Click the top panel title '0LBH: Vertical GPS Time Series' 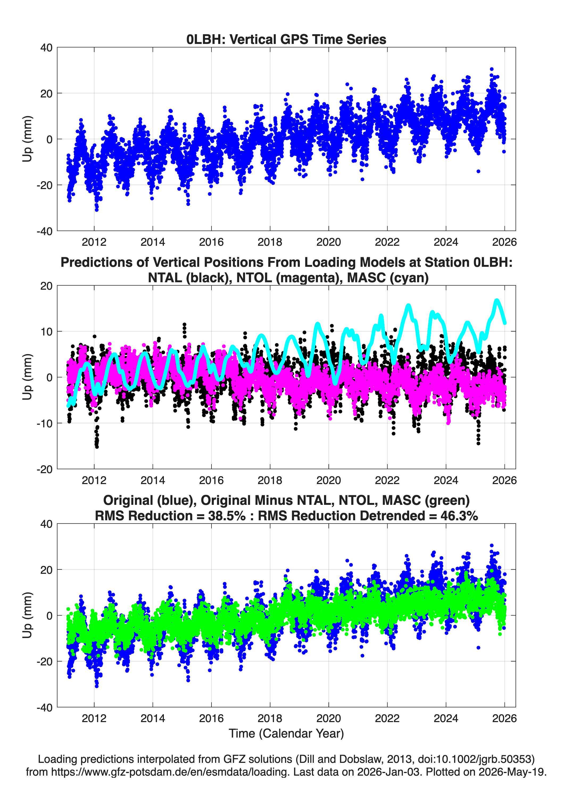pos(286,39)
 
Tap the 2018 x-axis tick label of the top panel pos(270,242)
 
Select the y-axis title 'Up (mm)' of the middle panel pos(27,377)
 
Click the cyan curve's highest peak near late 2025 pos(496,300)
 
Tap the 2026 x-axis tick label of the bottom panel pos(504,718)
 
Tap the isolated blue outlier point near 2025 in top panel pos(478,171)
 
